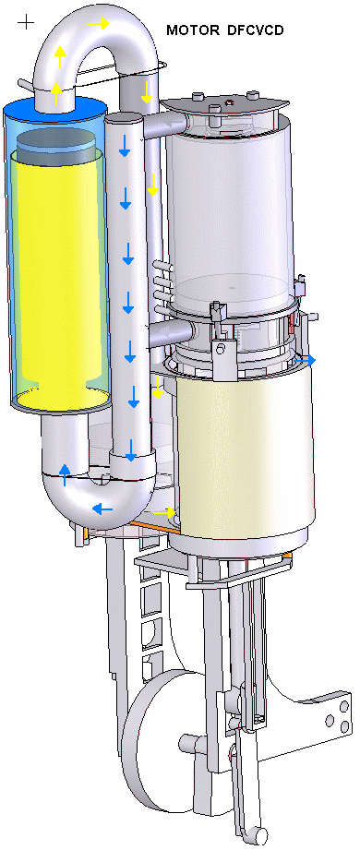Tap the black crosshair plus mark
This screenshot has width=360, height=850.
pos(26,22)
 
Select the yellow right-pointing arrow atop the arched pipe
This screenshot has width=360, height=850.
pos(98,23)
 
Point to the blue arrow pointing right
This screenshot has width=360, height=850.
pos(306,359)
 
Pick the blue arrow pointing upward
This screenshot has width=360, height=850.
pos(65,474)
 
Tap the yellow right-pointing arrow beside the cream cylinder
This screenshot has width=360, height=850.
pos(165,511)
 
